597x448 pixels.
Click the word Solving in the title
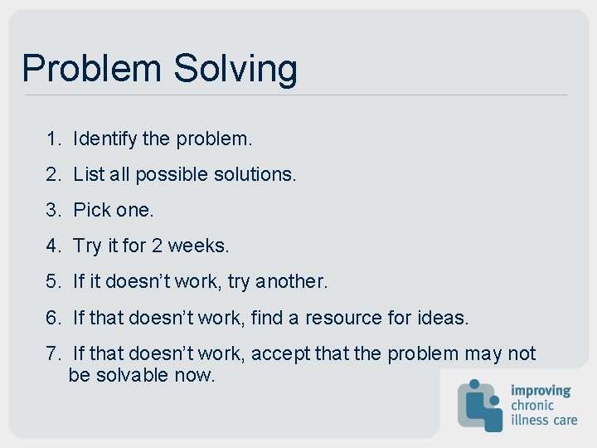235,69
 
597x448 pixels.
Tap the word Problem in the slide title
93,68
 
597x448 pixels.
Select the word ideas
444,318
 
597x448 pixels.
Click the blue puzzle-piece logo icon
480,405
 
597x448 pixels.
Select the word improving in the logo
540,390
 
